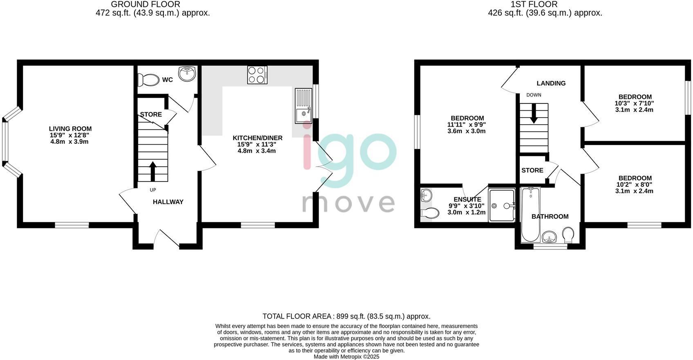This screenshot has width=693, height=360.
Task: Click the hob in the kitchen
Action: tap(257, 75)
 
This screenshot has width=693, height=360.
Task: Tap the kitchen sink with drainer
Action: tap(303, 105)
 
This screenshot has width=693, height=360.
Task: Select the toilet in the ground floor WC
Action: tap(148, 80)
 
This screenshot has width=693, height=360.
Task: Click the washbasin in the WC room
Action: tap(188, 74)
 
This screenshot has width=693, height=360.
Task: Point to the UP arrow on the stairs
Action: tap(153, 171)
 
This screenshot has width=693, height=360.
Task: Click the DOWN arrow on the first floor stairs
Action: tap(534, 113)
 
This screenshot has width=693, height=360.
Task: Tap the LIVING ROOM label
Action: tap(70, 129)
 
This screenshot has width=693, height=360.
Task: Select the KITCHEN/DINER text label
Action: tap(257, 138)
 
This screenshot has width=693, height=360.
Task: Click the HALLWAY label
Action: tap(168, 202)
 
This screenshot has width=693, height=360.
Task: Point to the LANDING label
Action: tap(551, 83)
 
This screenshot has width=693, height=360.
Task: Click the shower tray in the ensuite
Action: tap(502, 205)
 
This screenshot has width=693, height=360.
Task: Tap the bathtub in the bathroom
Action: tap(530, 215)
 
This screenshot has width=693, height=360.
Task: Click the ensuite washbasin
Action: tap(426, 195)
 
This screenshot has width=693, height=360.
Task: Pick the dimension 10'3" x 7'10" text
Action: tap(634, 104)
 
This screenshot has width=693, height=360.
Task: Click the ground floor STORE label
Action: tap(151, 114)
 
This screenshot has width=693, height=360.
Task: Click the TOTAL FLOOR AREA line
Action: tap(346, 316)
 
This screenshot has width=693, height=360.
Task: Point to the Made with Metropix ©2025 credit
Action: tap(346, 357)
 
